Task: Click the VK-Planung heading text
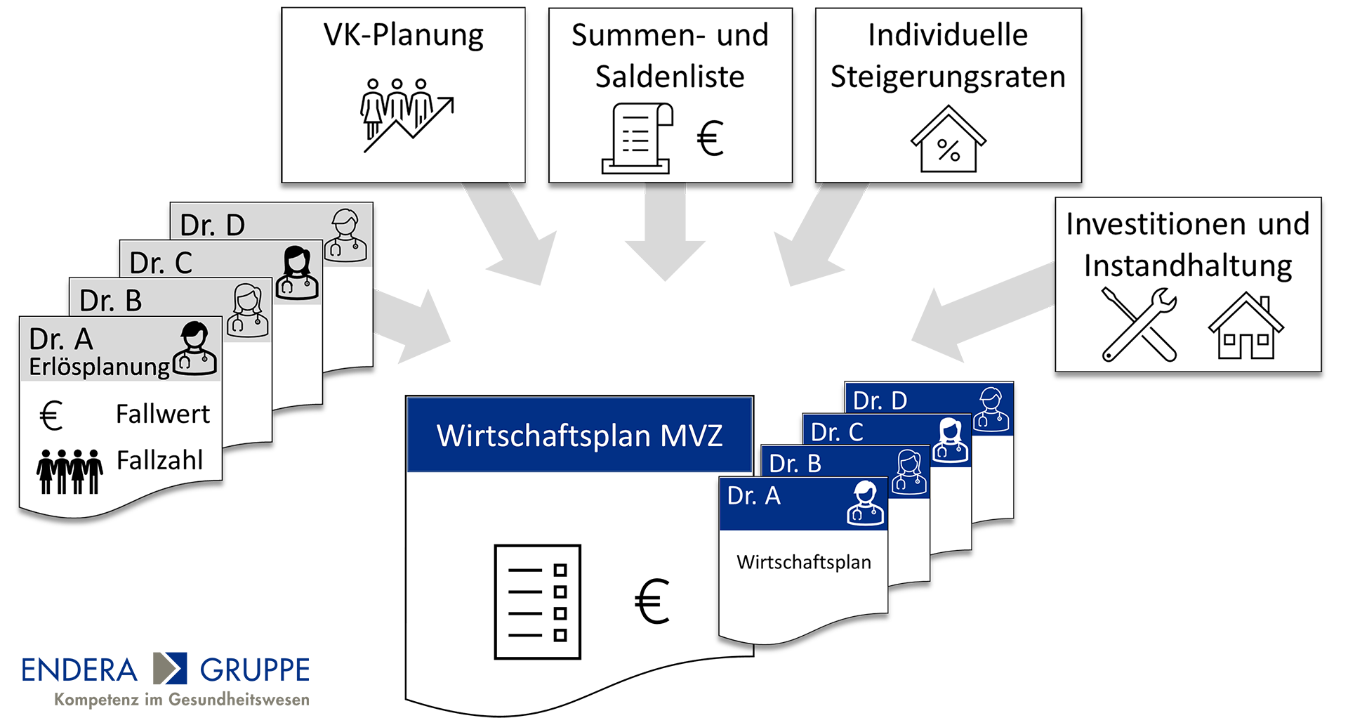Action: pos(403,35)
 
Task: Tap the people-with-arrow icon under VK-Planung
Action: pos(407,115)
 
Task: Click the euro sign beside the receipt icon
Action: pos(710,138)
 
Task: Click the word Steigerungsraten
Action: pos(948,77)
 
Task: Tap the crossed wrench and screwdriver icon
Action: pos(1139,325)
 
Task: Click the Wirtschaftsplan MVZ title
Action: pos(579,436)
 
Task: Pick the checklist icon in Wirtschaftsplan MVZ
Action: pos(537,602)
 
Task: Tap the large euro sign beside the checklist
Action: pos(652,602)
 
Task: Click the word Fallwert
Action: pos(162,415)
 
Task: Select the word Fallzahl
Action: pos(159,461)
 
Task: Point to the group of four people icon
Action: pos(70,471)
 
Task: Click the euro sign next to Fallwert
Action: pos(51,415)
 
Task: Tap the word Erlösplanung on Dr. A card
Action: pos(99,367)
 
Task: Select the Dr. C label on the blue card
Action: pos(837,432)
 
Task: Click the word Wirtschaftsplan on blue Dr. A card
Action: pos(803,562)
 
